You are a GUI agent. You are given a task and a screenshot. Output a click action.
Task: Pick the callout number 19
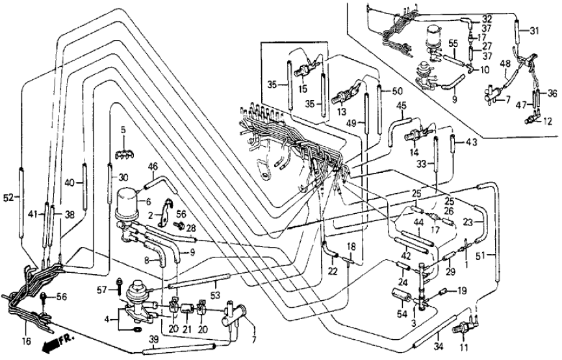point(464,291)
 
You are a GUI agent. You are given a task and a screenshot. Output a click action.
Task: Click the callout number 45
point(401,105)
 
